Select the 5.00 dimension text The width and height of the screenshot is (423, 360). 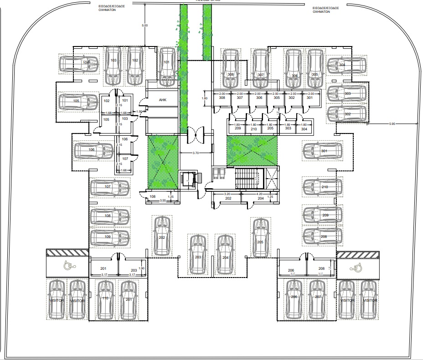click(x=145, y=26)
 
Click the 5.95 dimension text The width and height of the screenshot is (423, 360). click(x=393, y=123)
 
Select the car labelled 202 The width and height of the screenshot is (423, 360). click(x=162, y=236)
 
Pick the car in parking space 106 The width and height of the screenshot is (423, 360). click(x=93, y=150)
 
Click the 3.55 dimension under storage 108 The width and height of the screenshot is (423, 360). click(x=163, y=200)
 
